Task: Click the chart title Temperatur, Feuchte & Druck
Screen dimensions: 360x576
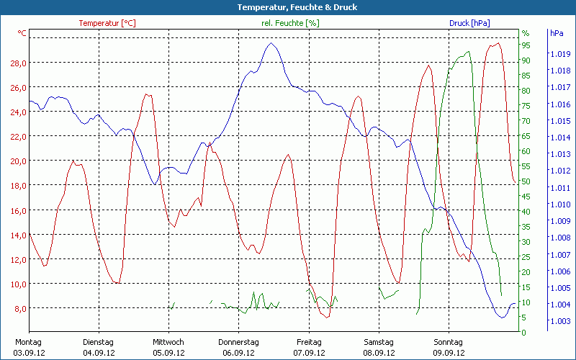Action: coord(287,7)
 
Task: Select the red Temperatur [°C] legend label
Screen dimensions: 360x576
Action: coord(107,23)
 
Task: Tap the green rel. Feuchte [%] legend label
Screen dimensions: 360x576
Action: coord(290,23)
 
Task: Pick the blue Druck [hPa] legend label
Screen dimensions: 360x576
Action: coord(469,23)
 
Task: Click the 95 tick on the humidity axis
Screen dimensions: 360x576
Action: coord(526,45)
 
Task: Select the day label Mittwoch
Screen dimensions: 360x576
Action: coord(168,342)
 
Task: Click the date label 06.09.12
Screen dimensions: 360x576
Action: coord(238,353)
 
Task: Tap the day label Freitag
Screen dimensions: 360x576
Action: coord(308,342)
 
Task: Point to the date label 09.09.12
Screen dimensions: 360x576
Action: coord(449,353)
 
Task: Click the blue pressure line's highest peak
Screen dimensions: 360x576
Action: coord(271,43)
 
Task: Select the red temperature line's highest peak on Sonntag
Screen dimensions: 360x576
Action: coord(496,43)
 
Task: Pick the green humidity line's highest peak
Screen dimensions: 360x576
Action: coord(469,51)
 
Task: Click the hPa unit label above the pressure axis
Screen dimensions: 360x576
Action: coord(556,33)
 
